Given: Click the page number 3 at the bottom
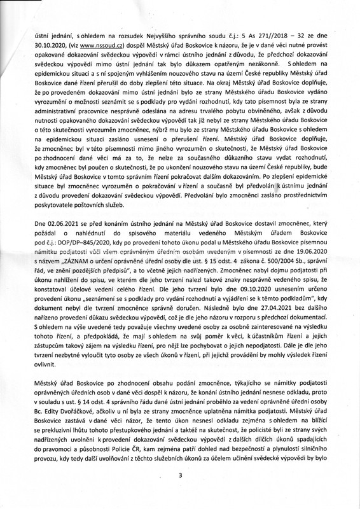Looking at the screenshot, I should coord(180,475).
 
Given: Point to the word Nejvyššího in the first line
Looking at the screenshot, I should coord(176,35).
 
